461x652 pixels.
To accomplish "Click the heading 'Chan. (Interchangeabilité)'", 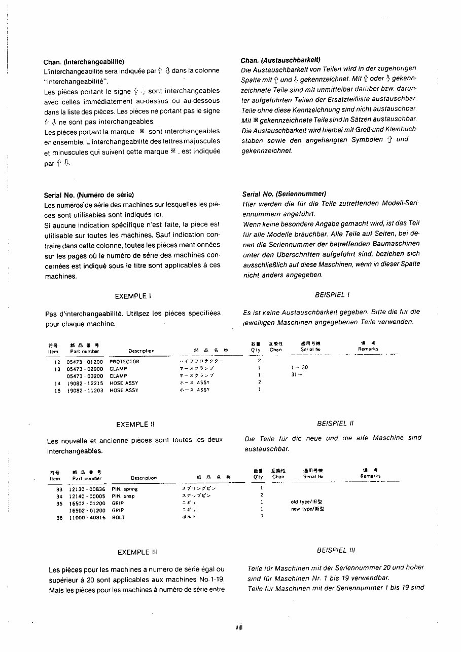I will (x=84, y=62).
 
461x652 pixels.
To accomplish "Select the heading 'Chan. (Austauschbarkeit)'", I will (x=280, y=60).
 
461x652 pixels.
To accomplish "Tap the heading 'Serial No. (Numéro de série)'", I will (x=89, y=195).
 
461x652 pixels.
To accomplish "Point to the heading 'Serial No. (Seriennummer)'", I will (x=284, y=194).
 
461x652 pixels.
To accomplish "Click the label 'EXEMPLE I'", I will (x=133, y=296).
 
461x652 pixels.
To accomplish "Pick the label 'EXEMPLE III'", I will (x=134, y=552).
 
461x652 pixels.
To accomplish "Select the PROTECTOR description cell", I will (x=124, y=362).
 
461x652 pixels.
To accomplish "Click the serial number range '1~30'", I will (x=299, y=367).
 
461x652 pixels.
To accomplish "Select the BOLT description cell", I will (x=118, y=518).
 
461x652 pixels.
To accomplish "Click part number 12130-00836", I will (x=87, y=489).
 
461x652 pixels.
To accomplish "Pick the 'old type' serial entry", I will (x=307, y=502).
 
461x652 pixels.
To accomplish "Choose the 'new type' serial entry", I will (x=307, y=509).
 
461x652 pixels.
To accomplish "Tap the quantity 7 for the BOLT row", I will (x=262, y=516).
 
